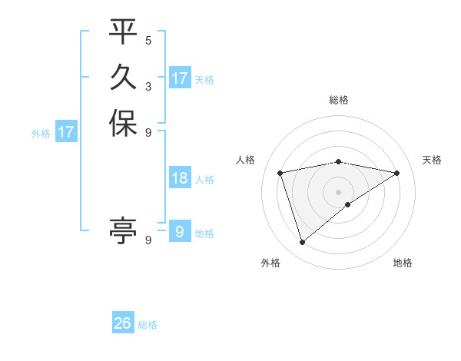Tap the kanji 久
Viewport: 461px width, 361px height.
click(x=123, y=78)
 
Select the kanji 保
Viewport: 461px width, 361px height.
click(x=123, y=123)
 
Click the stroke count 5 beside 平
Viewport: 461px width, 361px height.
click(x=148, y=41)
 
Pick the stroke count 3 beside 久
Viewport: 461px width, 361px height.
click(x=148, y=86)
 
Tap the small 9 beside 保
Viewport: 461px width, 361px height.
click(x=148, y=131)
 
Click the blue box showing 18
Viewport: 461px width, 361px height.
click(x=180, y=179)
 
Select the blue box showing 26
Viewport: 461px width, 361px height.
click(x=123, y=324)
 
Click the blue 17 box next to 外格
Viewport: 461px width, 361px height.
click(x=66, y=133)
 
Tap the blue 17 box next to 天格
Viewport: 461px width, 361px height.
click(x=180, y=78)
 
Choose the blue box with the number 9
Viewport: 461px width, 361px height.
click(x=180, y=232)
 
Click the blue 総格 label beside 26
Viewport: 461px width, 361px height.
click(x=148, y=325)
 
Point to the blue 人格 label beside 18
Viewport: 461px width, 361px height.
click(x=204, y=180)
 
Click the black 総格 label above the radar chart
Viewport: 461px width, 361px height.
click(x=339, y=100)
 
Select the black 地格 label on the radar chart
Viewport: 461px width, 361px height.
click(x=403, y=263)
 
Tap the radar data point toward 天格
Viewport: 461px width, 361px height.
click(x=397, y=173)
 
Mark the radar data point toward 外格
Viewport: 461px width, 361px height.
click(x=302, y=243)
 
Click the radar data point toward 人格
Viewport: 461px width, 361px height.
click(x=280, y=173)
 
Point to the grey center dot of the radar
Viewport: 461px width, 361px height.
click(x=339, y=191)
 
